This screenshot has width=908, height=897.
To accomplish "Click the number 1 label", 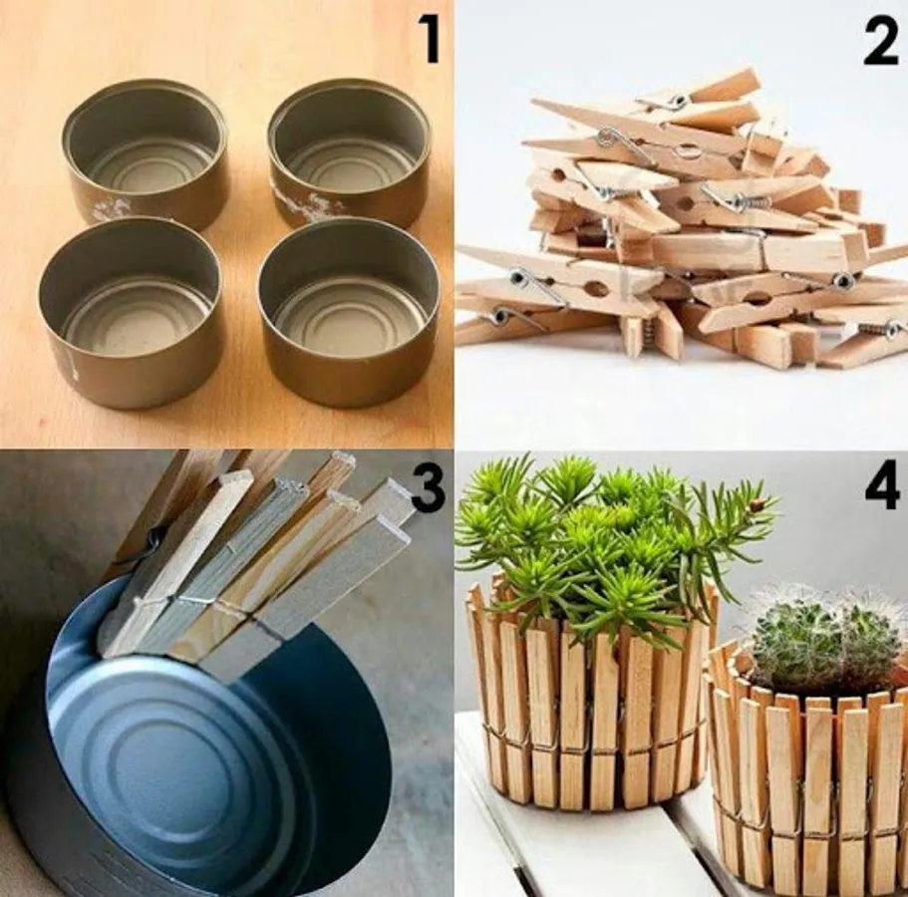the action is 431,39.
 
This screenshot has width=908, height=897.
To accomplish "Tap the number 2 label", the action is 880,40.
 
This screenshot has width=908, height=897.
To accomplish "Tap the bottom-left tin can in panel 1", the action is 131,310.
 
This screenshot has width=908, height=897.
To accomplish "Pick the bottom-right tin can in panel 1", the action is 349,310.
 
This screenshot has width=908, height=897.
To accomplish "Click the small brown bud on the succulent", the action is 756,505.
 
